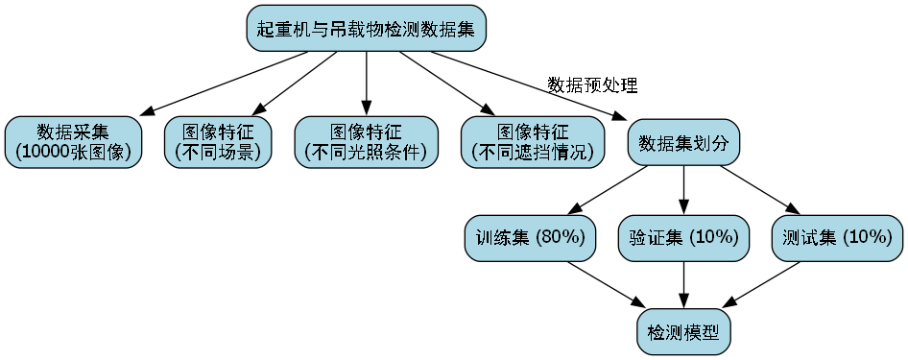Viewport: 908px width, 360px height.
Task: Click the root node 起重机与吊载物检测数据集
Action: [366, 28]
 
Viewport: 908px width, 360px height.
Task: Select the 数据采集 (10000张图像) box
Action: [74, 142]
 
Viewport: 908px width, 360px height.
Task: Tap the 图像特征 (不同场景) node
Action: [218, 142]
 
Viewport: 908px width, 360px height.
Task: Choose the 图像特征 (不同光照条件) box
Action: [366, 142]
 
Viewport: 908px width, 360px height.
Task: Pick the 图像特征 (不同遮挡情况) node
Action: [533, 142]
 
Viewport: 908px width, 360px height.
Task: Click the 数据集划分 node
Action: [683, 143]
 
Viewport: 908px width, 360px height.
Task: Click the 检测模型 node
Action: [683, 333]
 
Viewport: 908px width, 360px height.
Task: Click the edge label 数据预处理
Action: [592, 84]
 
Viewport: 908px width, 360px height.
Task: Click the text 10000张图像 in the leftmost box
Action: [74, 152]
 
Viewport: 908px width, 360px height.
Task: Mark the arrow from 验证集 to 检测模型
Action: [683, 284]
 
